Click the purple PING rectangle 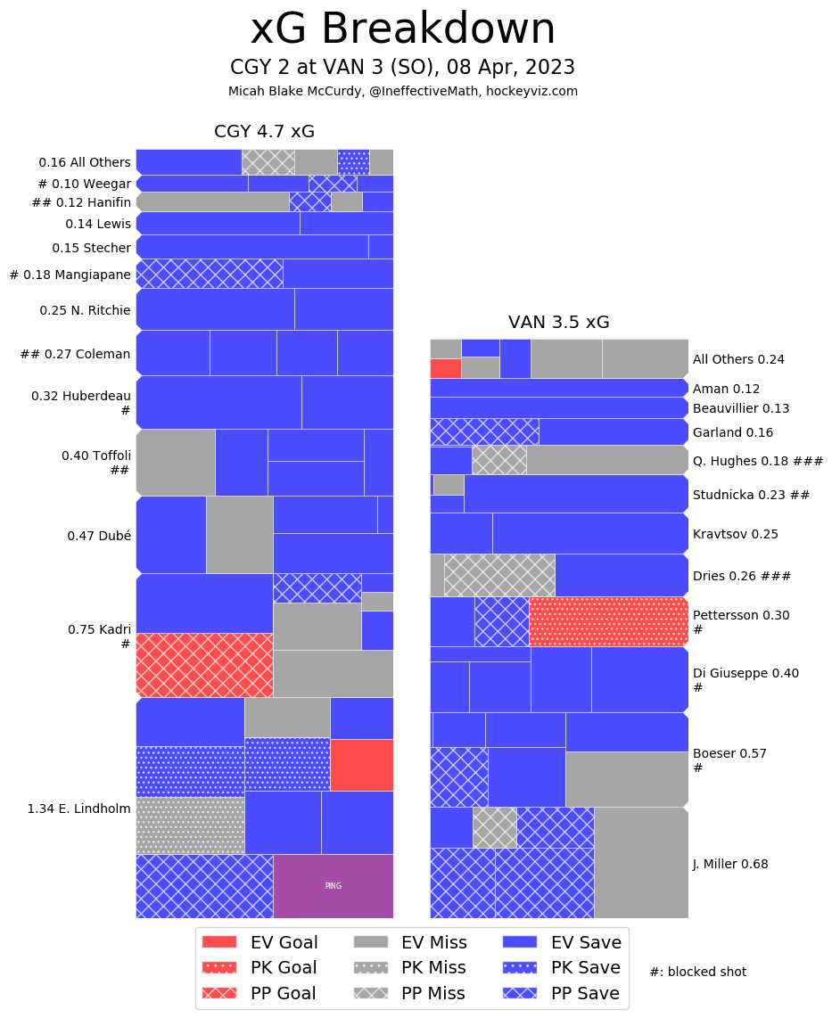[333, 886]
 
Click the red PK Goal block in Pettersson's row [608, 621]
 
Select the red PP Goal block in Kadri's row [204, 665]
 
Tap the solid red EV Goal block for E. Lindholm [361, 765]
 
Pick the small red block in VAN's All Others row [445, 368]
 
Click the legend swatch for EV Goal [219, 942]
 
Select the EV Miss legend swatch [372, 942]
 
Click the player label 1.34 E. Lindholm [78, 809]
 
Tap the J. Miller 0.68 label [730, 864]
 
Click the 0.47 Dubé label [99, 536]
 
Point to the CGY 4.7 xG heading [264, 132]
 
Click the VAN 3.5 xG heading [558, 323]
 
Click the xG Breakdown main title [402, 29]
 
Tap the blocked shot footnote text [697, 972]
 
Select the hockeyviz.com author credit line [402, 91]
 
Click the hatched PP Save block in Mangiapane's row [209, 274]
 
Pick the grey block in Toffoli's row [176, 462]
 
